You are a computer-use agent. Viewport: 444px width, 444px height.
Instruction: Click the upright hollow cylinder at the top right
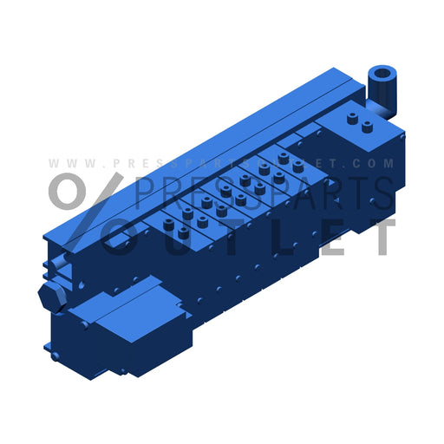click(382, 83)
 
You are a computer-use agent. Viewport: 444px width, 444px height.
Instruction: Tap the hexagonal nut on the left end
click(53, 297)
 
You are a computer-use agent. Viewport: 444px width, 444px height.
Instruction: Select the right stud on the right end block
click(368, 127)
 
